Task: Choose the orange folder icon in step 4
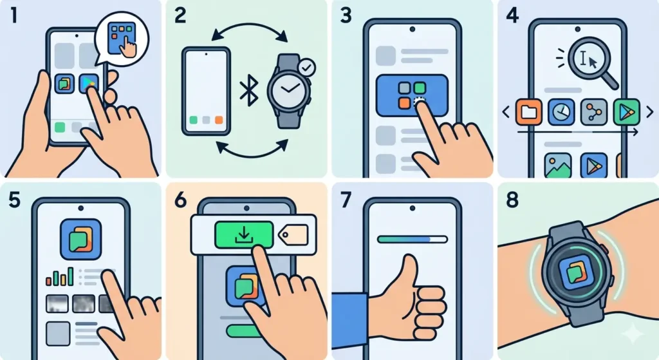tap(529, 112)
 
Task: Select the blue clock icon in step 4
tap(561, 112)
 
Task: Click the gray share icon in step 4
tap(593, 112)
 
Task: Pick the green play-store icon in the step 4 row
tap(625, 112)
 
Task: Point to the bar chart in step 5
tap(60, 278)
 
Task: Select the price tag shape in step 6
tap(296, 232)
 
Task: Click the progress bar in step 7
tap(411, 239)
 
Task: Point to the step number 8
tap(512, 200)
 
